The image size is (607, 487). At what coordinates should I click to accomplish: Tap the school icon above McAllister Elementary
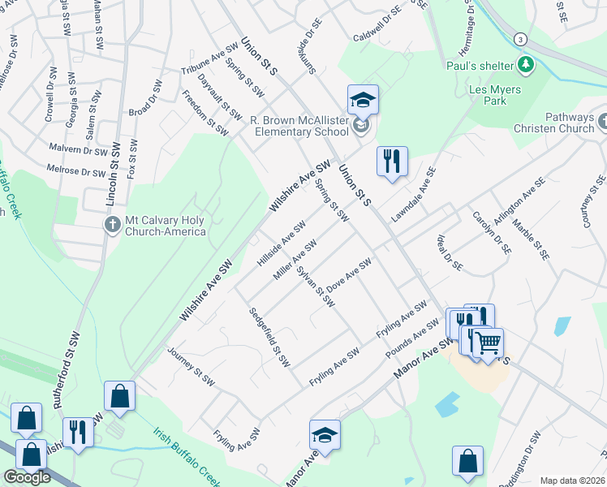coord(363,101)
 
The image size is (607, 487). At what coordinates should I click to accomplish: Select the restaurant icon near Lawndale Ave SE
coord(392,162)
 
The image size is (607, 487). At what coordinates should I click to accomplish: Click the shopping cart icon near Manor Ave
coord(488,343)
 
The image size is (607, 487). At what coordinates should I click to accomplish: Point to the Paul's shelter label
coord(480,65)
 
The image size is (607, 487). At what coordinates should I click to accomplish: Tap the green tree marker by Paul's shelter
coord(526,63)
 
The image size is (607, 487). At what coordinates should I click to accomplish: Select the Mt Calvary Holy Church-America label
coord(166,226)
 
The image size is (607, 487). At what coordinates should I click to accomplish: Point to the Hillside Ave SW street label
coord(281,243)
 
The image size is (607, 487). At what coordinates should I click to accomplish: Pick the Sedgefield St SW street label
coord(269,337)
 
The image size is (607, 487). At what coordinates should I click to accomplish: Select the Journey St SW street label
coord(191,364)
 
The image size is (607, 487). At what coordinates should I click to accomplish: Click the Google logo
coord(27,476)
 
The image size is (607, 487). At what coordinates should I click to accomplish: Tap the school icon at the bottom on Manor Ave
coord(325,436)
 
